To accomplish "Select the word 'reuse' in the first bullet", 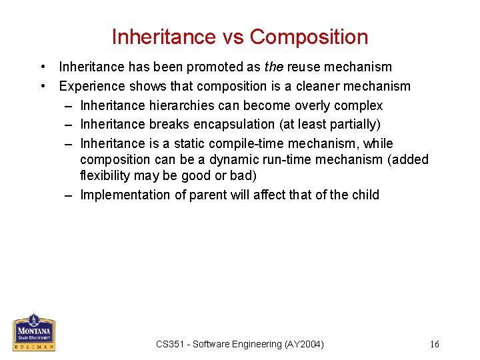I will click(304, 67).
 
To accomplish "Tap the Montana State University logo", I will click(34, 332).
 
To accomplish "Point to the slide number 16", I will click(435, 344).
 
